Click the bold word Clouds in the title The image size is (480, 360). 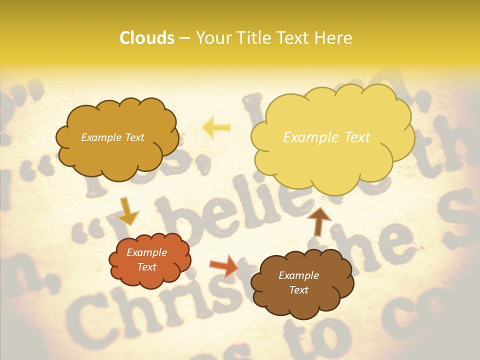tap(147, 38)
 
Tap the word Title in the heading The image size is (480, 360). tap(250, 38)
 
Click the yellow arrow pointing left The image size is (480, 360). tap(216, 127)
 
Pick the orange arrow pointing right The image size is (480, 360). tap(224, 265)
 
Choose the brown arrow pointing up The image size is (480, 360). tap(319, 220)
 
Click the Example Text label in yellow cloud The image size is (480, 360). tap(326, 137)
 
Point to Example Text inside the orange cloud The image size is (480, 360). tap(147, 260)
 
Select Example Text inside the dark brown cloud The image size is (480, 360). tap(298, 283)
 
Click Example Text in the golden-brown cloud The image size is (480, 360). tap(112, 137)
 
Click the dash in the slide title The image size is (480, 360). tap(184, 38)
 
